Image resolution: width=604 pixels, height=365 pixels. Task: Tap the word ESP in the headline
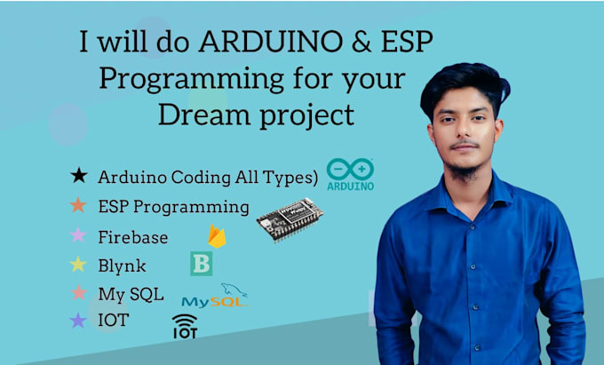(x=405, y=44)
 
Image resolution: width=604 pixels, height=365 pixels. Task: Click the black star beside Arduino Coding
(x=78, y=177)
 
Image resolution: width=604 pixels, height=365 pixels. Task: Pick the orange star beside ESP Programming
(x=78, y=206)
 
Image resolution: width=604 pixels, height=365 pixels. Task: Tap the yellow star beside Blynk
(x=78, y=264)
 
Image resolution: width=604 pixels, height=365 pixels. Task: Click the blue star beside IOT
(x=78, y=321)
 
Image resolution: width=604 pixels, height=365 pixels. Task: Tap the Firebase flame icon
(x=215, y=235)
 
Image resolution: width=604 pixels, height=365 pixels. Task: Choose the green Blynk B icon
(x=201, y=264)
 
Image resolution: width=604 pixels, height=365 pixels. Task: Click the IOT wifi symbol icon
(x=185, y=326)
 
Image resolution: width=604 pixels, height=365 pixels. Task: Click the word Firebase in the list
(x=133, y=236)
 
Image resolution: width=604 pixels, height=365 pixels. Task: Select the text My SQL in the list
(x=131, y=293)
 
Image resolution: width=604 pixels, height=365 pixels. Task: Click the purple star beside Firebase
(x=78, y=235)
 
